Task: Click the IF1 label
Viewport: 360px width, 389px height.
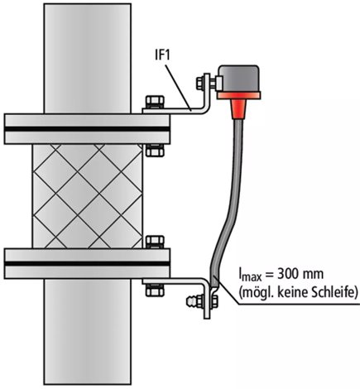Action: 163,55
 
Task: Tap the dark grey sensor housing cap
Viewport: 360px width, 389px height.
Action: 239,79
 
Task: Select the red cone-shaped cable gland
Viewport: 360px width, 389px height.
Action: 238,109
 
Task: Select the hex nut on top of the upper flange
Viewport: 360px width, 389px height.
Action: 155,102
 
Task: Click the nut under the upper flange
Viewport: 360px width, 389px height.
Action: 155,151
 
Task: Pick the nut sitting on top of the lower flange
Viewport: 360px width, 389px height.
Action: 155,242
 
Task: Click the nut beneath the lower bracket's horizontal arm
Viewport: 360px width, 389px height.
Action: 155,291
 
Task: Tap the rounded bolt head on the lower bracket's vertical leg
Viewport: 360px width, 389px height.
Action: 195,301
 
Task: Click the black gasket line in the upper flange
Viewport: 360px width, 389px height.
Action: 87,129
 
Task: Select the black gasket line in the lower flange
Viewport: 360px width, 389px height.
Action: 87,263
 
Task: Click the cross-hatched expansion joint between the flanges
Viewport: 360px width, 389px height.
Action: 88,196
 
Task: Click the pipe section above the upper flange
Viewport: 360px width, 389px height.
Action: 88,59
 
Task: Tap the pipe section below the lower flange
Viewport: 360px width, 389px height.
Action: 88,331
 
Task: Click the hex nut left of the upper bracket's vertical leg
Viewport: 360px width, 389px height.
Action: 200,83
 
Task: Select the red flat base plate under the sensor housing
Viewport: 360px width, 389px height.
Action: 238,96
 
